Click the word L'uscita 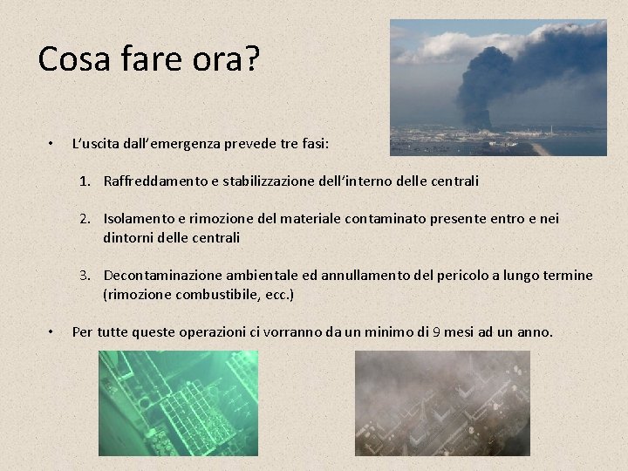pyautogui.click(x=98, y=142)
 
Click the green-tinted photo pyautogui.click(x=178, y=402)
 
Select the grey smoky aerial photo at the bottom pyautogui.click(x=442, y=402)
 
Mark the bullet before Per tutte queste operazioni pyautogui.click(x=51, y=331)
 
